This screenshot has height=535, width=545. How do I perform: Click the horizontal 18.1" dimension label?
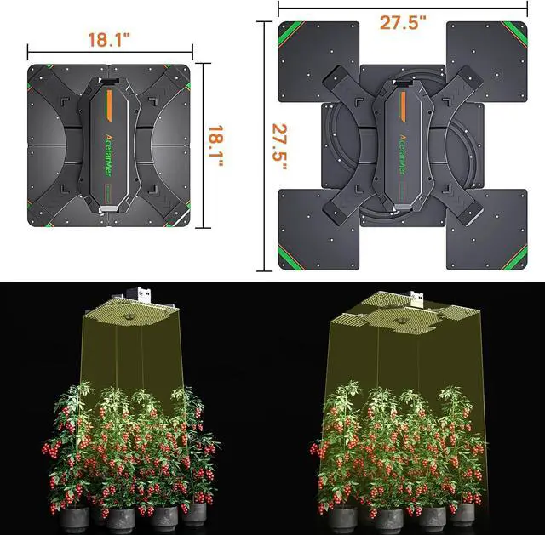click(109, 40)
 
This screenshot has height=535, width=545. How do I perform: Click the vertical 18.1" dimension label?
click(215, 145)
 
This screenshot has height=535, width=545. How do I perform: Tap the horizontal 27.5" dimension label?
click(403, 22)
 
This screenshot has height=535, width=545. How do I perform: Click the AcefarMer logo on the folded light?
click(108, 155)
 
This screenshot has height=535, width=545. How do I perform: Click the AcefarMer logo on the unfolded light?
click(403, 155)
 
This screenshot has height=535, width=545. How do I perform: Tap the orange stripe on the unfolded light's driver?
click(403, 106)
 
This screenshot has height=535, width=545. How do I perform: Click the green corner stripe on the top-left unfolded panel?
click(290, 33)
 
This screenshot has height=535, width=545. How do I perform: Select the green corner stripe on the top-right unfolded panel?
click(515, 33)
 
